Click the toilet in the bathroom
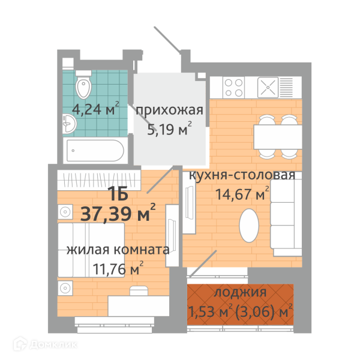point(83,85)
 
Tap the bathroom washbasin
point(70,124)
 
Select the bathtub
point(95,151)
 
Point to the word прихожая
point(169,110)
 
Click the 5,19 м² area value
point(169,128)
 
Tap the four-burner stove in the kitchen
point(233,88)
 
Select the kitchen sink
point(268,87)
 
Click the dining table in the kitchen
point(278,137)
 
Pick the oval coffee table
point(249,225)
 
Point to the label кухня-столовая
point(242,175)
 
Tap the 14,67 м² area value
point(242,194)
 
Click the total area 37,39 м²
point(118,213)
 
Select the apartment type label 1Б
point(118,193)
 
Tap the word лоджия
point(240,293)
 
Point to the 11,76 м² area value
point(118,268)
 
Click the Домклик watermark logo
point(45,344)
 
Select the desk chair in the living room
point(139,290)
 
